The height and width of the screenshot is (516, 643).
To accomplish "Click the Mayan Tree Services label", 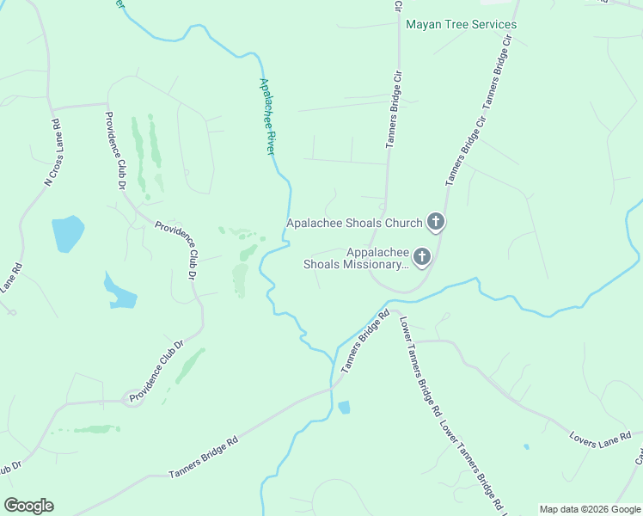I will tap(461, 25).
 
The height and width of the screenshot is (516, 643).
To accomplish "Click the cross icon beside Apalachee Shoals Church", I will tap(436, 223).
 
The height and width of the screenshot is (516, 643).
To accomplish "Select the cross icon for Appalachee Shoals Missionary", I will tap(421, 256).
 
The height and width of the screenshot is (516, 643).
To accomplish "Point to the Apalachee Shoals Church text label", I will tap(354, 224).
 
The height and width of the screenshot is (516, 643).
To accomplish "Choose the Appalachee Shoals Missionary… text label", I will tap(354, 258).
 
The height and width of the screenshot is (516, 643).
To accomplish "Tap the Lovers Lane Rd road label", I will tap(601, 439).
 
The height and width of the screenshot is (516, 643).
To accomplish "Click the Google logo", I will tap(28, 506).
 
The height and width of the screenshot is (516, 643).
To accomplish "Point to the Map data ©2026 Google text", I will tap(590, 509).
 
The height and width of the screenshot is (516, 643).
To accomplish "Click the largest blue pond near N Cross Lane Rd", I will tap(67, 233).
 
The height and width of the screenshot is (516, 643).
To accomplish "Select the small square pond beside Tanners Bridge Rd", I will tap(344, 408).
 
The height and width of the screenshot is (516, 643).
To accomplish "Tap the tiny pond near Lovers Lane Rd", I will tap(525, 447).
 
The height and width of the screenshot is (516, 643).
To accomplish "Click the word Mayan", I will tap(425, 25).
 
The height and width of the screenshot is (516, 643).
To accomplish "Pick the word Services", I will tap(493, 25).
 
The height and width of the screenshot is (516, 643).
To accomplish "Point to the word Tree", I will tap(456, 25).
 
